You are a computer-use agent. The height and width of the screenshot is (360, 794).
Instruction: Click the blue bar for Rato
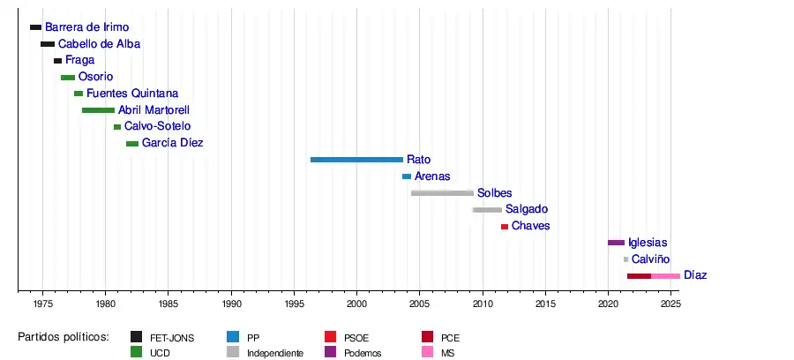356,160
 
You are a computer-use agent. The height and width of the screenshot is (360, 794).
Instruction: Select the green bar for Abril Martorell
98,110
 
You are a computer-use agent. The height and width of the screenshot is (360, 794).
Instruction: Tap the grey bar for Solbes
442,193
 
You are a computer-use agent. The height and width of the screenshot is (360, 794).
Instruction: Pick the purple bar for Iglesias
616,243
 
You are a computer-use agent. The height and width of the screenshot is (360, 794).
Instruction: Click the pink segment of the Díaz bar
665,276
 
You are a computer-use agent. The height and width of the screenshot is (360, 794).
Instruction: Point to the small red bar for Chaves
505,227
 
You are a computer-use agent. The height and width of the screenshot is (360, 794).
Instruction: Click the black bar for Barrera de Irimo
35,27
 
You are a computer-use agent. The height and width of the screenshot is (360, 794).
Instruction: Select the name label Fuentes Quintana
132,94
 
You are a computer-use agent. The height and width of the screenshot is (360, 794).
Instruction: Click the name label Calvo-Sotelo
157,127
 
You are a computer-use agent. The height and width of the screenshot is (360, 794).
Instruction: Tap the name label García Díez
172,143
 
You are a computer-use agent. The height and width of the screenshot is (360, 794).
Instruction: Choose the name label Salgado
526,209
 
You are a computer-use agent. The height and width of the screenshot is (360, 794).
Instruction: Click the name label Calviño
650,259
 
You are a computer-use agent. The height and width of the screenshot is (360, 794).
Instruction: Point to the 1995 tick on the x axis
294,291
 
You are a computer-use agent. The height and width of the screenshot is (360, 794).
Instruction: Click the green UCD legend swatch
137,353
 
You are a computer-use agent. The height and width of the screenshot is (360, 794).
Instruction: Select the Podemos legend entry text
363,353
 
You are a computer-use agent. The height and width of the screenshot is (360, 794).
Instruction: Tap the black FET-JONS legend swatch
137,337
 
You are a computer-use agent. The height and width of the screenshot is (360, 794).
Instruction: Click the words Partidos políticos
64,337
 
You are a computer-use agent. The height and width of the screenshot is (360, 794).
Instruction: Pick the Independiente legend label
275,353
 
